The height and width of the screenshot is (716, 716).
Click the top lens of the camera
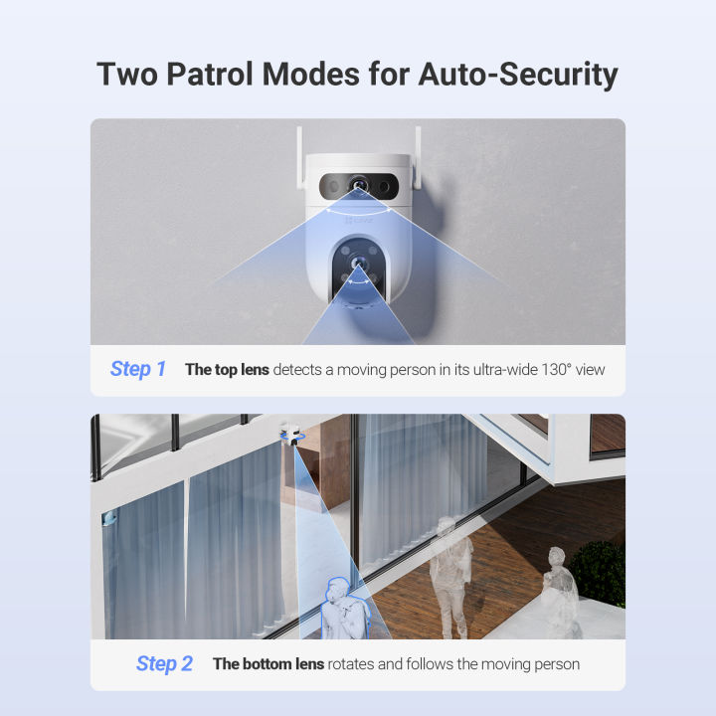tap(357, 185)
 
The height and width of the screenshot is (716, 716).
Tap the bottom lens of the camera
tap(357, 266)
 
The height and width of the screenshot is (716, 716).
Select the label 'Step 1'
tap(138, 369)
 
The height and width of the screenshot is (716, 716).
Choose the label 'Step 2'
tap(164, 663)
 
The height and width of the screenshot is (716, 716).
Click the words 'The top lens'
tap(226, 369)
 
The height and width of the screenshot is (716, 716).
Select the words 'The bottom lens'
tap(268, 663)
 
